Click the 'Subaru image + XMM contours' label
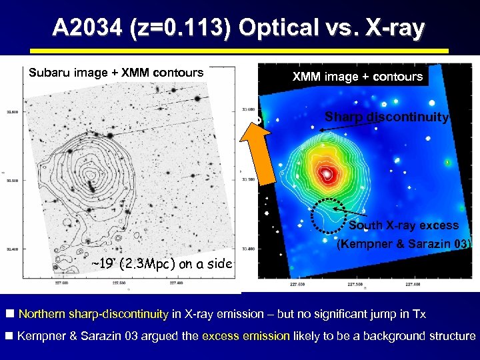pyautogui.click(x=116, y=73)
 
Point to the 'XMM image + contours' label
pyautogui.click(x=357, y=77)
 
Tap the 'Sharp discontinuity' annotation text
pyautogui.click(x=387, y=117)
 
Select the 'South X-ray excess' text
pyautogui.click(x=404, y=225)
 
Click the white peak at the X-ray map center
pyautogui.click(x=327, y=175)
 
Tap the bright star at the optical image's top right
pyautogui.click(x=198, y=99)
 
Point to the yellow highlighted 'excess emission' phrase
pyautogui.click(x=246, y=336)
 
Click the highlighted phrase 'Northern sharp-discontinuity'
pyautogui.click(x=94, y=314)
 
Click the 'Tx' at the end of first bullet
pyautogui.click(x=417, y=314)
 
